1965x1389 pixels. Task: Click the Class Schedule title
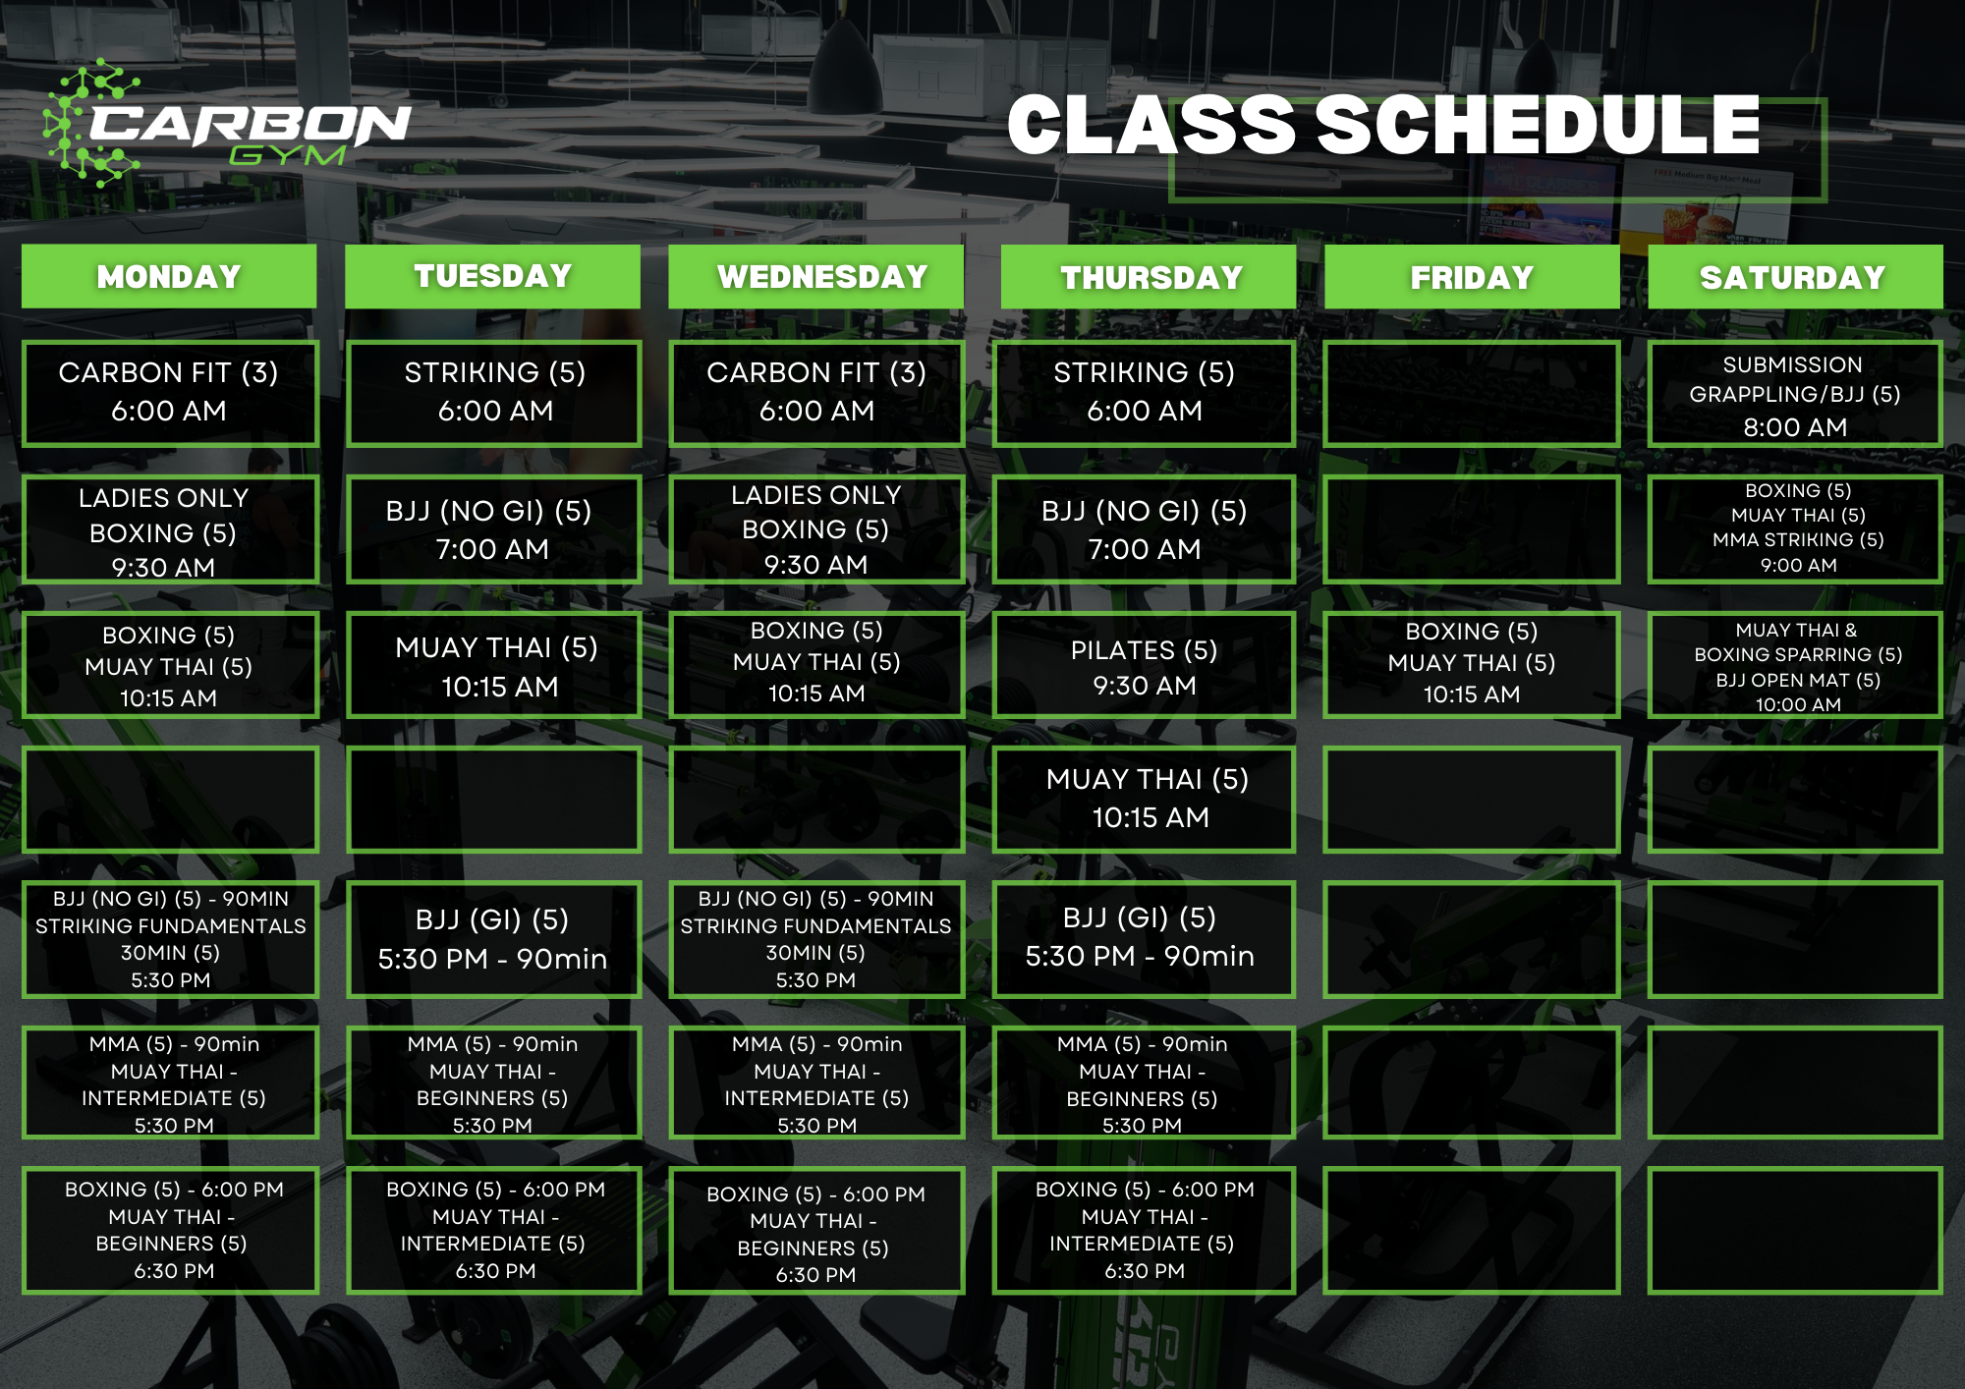1383,126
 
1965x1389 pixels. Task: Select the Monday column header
169,277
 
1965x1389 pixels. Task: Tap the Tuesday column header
492,277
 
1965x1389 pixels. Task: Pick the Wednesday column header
816,277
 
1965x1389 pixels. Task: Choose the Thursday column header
1149,277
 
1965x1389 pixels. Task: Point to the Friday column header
1472,277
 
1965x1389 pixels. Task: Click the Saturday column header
1795,277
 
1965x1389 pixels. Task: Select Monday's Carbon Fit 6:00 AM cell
170,393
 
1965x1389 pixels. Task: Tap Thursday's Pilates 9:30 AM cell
1144,666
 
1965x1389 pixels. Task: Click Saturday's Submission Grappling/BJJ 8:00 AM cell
1795,395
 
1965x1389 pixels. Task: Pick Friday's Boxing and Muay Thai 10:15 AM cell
1471,664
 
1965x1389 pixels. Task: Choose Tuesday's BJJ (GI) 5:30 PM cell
493,939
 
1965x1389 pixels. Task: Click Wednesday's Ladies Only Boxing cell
816,529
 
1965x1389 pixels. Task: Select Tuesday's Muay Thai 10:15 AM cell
493,665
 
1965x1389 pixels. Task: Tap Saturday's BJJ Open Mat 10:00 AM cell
1795,666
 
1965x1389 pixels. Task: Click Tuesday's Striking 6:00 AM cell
493,393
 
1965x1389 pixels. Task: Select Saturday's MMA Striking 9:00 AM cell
1795,528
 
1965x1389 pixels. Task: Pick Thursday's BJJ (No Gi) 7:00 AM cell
1144,529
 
